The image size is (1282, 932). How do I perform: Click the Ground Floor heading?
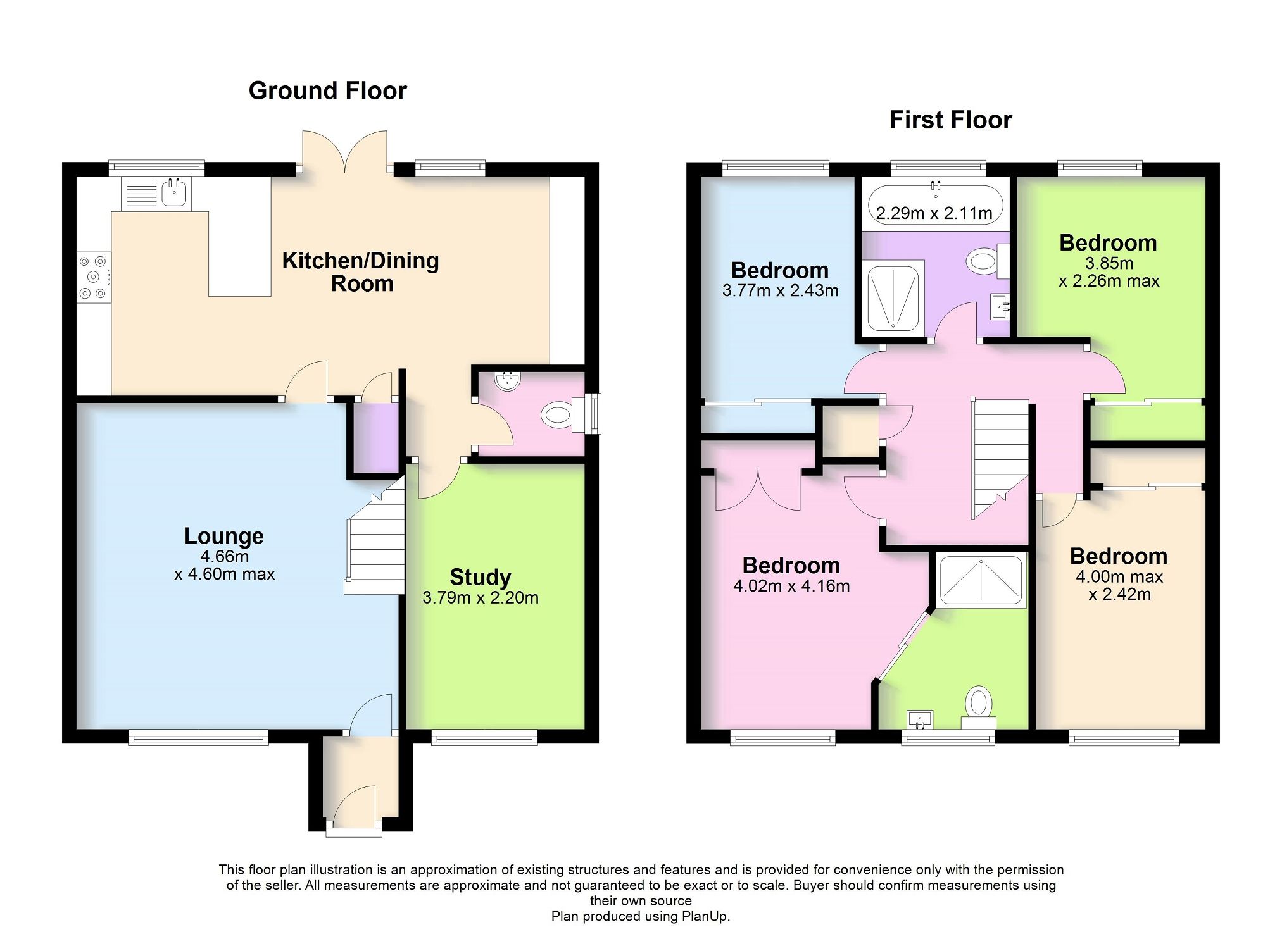click(327, 91)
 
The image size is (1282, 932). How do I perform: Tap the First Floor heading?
click(950, 120)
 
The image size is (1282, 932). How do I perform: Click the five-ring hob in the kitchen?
click(94, 276)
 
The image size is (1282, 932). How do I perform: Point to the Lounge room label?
click(223, 536)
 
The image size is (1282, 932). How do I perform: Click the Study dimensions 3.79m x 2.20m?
click(480, 598)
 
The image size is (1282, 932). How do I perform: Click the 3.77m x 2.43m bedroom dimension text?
click(780, 291)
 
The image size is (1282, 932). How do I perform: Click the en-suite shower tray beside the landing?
click(981, 580)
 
